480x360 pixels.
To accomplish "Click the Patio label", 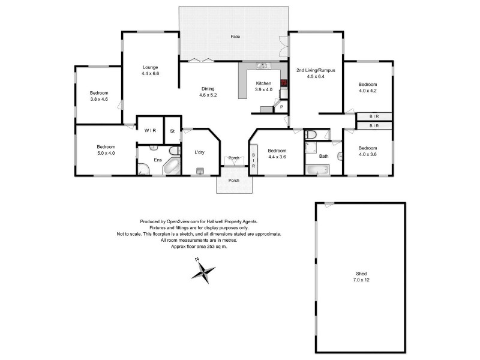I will pyautogui.click(x=236, y=37).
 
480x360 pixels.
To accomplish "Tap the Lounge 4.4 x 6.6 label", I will pyautogui.click(x=150, y=70).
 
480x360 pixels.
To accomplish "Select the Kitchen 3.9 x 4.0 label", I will pyautogui.click(x=264, y=86).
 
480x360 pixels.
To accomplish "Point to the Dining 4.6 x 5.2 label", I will pyautogui.click(x=209, y=92).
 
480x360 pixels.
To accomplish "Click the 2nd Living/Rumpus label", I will pyautogui.click(x=315, y=73).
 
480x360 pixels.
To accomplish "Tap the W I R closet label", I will pyautogui.click(x=149, y=130).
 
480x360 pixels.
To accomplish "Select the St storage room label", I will pyautogui.click(x=172, y=130).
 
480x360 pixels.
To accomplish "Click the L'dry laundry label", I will pyautogui.click(x=200, y=152).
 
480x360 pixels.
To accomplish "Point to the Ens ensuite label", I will pyautogui.click(x=158, y=160).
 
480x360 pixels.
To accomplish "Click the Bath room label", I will pyautogui.click(x=324, y=157).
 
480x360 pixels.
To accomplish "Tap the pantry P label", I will pyautogui.click(x=281, y=107).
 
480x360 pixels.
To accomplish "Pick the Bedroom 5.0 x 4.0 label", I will pyautogui.click(x=105, y=150).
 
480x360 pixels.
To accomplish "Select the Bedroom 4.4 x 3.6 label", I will pyautogui.click(x=277, y=153).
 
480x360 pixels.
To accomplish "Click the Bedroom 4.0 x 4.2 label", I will pyautogui.click(x=367, y=87).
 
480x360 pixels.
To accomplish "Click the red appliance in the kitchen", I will pyautogui.click(x=284, y=83).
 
